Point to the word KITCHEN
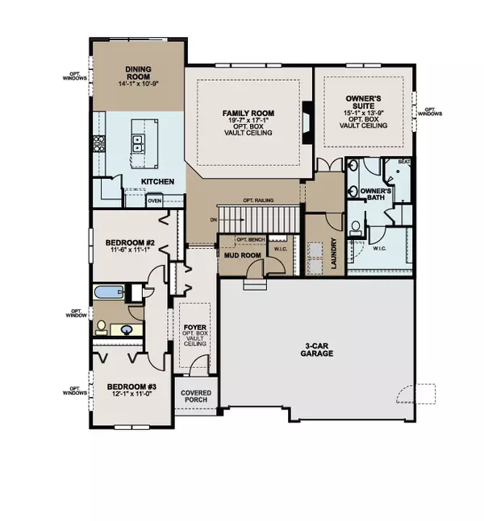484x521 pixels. pos(158,181)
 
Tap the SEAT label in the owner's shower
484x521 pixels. pos(406,163)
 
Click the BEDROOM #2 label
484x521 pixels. pos(129,242)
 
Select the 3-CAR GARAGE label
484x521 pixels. pos(319,353)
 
